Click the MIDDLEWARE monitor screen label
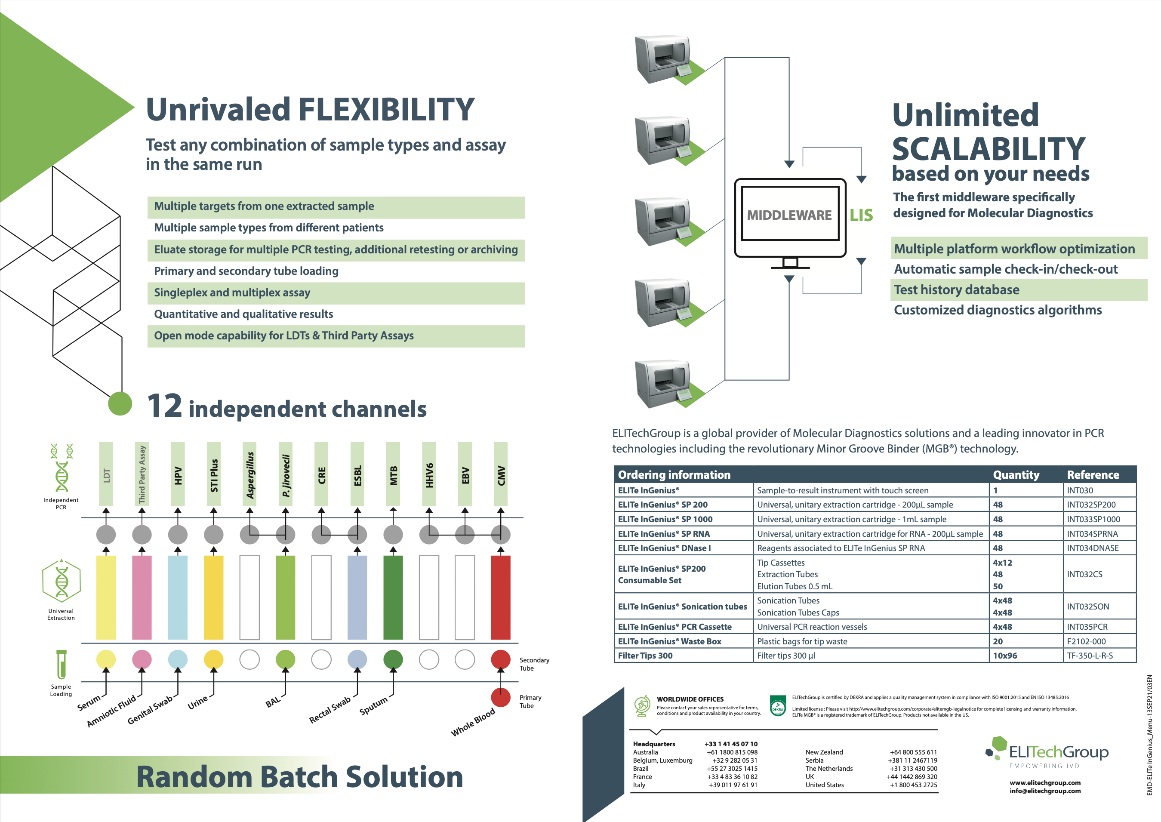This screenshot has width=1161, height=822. [x=789, y=215]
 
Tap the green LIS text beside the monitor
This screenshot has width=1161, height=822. [x=861, y=216]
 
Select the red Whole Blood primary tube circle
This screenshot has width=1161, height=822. [x=501, y=697]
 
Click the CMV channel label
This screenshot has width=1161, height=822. [x=501, y=475]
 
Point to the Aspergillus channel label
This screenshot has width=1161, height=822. [x=250, y=475]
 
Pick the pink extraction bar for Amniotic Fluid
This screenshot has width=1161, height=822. [x=142, y=597]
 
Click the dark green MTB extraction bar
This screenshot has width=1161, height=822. [x=393, y=597]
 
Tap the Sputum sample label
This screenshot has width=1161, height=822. [x=373, y=705]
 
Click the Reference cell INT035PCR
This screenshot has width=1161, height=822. [x=1087, y=627]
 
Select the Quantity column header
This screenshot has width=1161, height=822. [x=1016, y=475]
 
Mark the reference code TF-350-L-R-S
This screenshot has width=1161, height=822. [x=1090, y=656]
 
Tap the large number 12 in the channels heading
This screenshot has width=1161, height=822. [x=164, y=406]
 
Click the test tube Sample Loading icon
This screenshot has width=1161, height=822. [x=61, y=664]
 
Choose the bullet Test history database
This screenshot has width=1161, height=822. [x=957, y=290]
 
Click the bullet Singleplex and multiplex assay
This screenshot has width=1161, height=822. [x=232, y=292]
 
